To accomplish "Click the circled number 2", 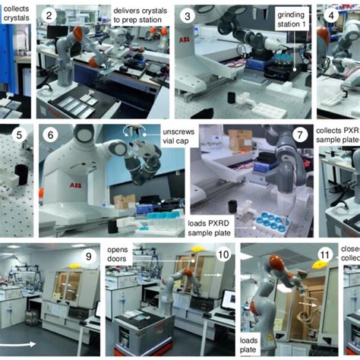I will [x=49, y=15].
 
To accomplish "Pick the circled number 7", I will [x=301, y=135].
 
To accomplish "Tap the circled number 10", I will [x=222, y=255].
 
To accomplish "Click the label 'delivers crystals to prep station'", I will [x=141, y=16].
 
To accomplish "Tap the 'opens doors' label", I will [x=121, y=254].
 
